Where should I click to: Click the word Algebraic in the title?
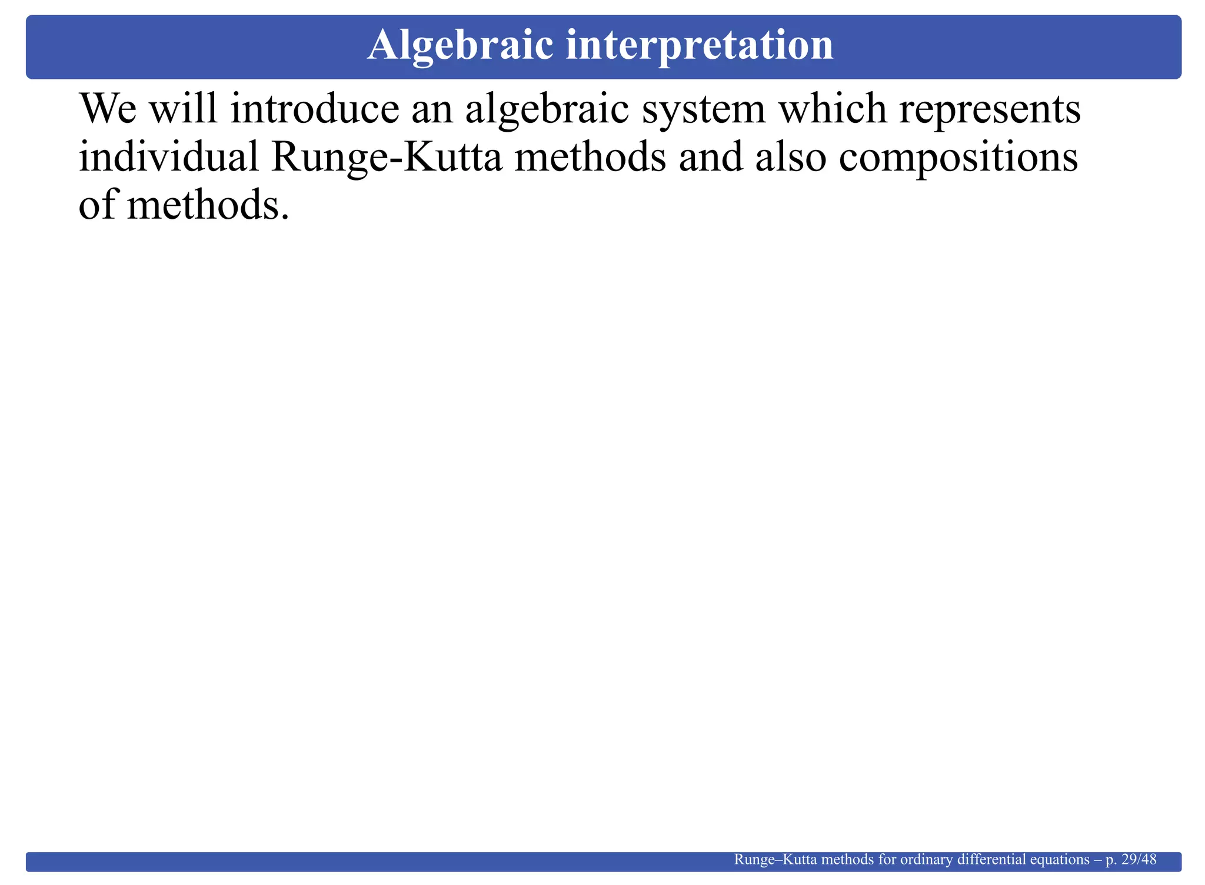click(x=460, y=46)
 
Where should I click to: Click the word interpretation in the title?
click(x=700, y=46)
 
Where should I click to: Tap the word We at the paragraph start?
click(x=107, y=109)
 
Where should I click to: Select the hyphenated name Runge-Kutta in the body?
click(x=387, y=159)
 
